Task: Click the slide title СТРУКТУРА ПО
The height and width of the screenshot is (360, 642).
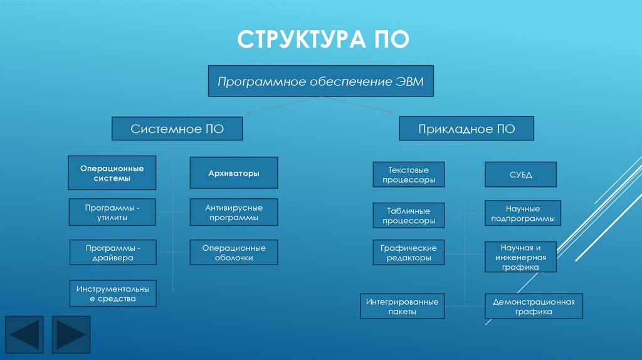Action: [323, 39]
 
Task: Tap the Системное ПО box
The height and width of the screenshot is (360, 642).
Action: [177, 129]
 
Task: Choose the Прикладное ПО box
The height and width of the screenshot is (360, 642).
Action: [466, 129]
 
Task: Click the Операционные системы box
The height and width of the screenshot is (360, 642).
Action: [112, 173]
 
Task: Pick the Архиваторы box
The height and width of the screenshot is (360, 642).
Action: [234, 173]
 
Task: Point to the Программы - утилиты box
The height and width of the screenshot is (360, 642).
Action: [112, 212]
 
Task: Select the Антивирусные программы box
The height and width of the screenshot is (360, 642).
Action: [234, 212]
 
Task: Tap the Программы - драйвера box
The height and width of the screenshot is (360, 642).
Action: [112, 252]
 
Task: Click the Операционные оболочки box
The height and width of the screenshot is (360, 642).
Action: [234, 252]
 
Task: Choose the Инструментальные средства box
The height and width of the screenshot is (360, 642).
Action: [113, 294]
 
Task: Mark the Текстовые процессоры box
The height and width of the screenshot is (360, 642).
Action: [409, 174]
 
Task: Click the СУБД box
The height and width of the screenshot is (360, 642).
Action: [520, 174]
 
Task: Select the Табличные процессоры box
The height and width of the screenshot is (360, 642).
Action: [409, 216]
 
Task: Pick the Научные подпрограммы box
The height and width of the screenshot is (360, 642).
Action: [523, 213]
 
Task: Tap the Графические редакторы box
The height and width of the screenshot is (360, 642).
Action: [409, 252]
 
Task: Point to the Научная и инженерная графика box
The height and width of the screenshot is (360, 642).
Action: [520, 257]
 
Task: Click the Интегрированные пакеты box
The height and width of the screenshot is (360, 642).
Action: [403, 306]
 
